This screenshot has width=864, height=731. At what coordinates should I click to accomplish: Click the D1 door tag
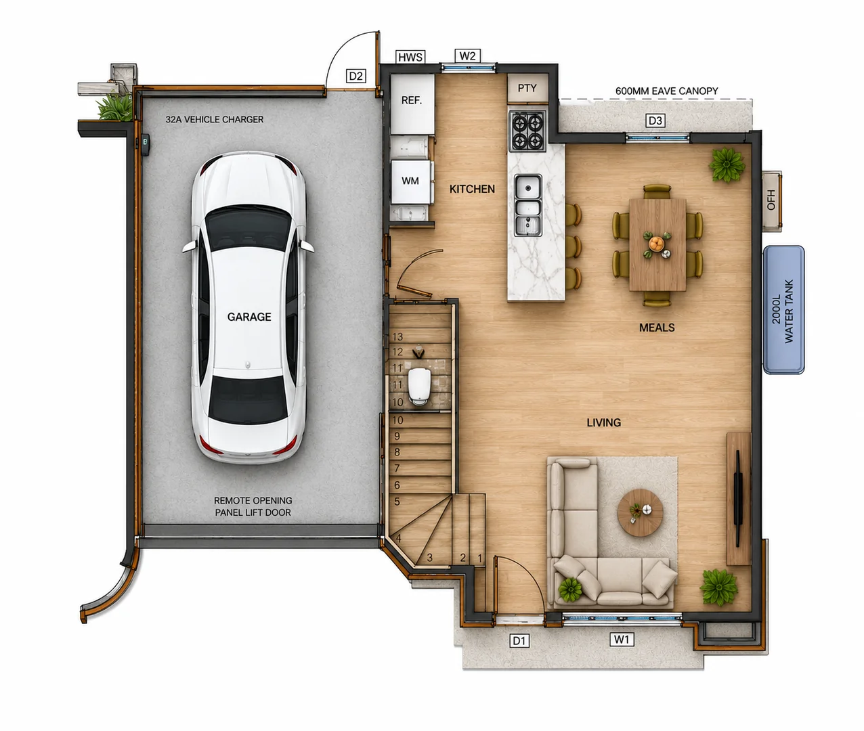pyautogui.click(x=519, y=640)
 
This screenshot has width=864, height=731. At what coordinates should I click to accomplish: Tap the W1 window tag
pyautogui.click(x=622, y=639)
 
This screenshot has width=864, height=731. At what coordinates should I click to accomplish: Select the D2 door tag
pyautogui.click(x=355, y=76)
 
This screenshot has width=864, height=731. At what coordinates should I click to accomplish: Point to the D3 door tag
pyautogui.click(x=655, y=120)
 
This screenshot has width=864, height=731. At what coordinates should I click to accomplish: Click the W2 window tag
pyautogui.click(x=467, y=56)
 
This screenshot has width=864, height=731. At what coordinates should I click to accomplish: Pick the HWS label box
pyautogui.click(x=410, y=57)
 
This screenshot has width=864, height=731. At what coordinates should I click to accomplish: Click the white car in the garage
pyautogui.click(x=249, y=307)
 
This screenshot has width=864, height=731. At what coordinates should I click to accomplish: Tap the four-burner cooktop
pyautogui.click(x=527, y=131)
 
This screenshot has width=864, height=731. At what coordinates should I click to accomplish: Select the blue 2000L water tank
pyautogui.click(x=783, y=310)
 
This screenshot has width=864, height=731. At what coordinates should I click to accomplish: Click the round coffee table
pyautogui.click(x=640, y=512)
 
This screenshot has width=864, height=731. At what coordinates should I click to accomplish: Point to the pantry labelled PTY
pyautogui.click(x=527, y=88)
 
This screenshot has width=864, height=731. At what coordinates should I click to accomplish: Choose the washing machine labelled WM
pyautogui.click(x=410, y=181)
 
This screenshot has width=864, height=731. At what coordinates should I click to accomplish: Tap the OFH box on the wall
pyautogui.click(x=772, y=200)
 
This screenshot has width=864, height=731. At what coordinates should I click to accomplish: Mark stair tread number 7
pyautogui.click(x=420, y=468)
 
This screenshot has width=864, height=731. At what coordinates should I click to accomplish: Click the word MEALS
pyautogui.click(x=657, y=328)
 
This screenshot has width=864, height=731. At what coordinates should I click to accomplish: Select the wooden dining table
pyautogui.click(x=657, y=244)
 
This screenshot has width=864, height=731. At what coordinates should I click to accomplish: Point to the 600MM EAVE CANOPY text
pyautogui.click(x=667, y=91)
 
